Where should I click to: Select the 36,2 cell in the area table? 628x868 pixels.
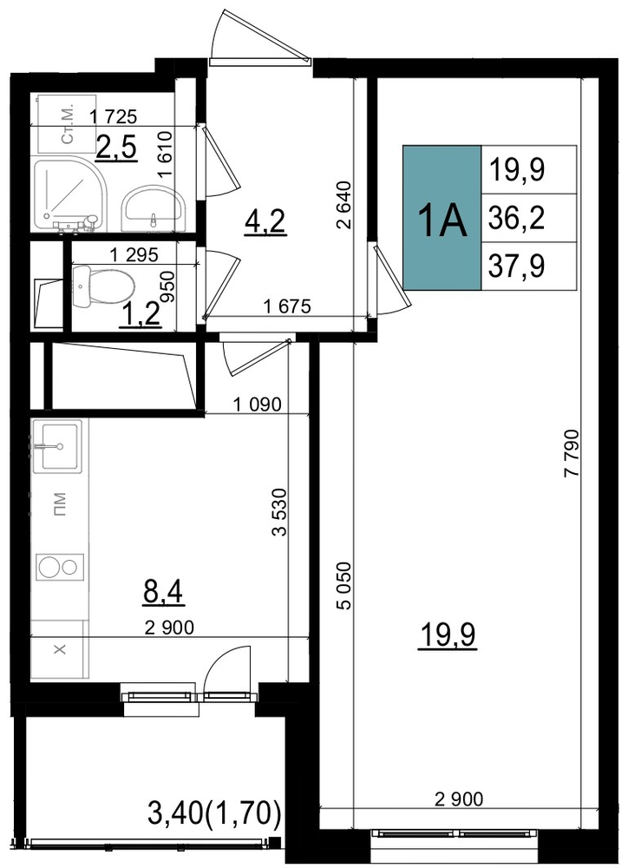pyautogui.click(x=529, y=218)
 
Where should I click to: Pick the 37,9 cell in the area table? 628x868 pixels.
pyautogui.click(x=529, y=266)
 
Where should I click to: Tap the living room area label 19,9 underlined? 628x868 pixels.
pyautogui.click(x=448, y=636)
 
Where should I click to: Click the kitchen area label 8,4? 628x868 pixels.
pyautogui.click(x=163, y=593)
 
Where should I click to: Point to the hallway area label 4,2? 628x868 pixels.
pyautogui.click(x=265, y=222)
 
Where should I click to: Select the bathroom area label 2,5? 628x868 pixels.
pyautogui.click(x=116, y=148)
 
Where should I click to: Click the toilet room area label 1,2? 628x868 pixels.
pyautogui.click(x=141, y=316)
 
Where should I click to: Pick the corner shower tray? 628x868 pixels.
pyautogui.click(x=68, y=194)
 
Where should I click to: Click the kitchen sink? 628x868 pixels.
pyautogui.click(x=57, y=445)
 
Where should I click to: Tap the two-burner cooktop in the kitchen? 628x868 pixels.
pyautogui.click(x=60, y=567)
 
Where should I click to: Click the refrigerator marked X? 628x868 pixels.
pyautogui.click(x=59, y=648)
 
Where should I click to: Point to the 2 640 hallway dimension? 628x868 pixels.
pyautogui.click(x=343, y=205)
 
